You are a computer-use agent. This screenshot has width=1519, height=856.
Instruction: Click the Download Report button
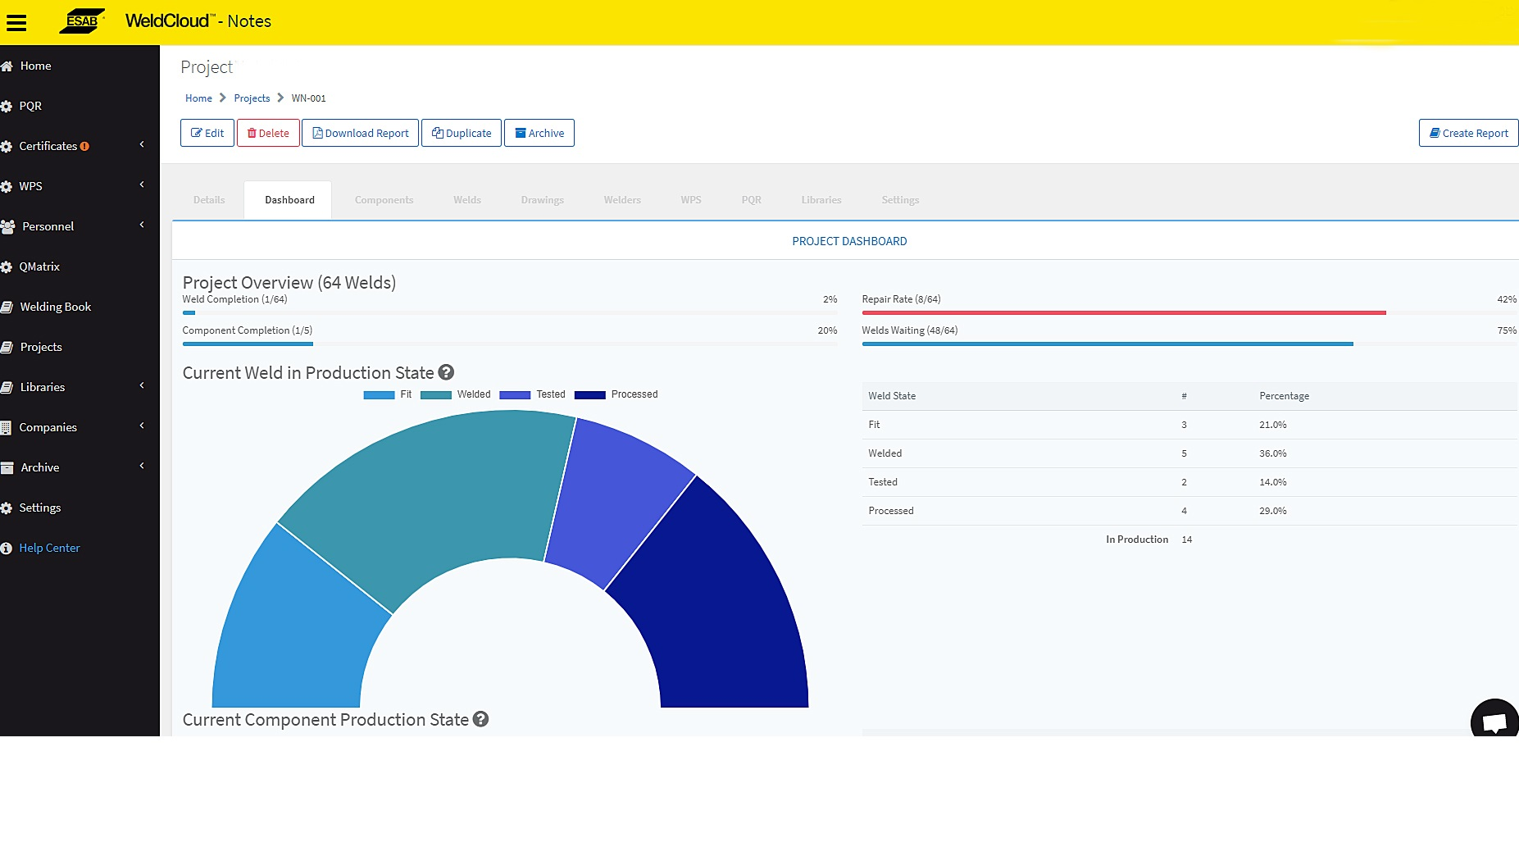(x=360, y=133)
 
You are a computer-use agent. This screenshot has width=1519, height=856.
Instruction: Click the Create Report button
(x=1468, y=133)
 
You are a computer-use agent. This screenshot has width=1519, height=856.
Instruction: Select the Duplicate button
(x=461, y=133)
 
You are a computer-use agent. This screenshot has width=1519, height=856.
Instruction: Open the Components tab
(x=384, y=200)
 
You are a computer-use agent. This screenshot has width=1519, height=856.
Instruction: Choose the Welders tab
(x=622, y=200)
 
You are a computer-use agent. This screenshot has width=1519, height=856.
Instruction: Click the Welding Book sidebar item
(x=55, y=307)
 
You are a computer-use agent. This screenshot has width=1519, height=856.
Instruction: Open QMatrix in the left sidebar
(x=39, y=266)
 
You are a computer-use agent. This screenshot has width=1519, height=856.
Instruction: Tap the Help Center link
(x=49, y=548)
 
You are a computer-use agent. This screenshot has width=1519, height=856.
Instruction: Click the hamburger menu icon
(x=16, y=22)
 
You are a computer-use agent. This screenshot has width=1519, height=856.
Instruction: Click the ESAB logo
(x=82, y=21)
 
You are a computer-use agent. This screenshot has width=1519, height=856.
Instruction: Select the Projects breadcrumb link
(x=252, y=98)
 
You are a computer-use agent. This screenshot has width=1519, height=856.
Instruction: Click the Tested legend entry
(x=533, y=394)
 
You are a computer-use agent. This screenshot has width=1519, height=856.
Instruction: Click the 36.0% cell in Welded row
(x=1272, y=453)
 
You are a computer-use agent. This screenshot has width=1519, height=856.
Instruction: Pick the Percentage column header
(x=1284, y=396)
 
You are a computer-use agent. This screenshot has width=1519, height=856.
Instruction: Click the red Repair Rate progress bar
(x=1123, y=312)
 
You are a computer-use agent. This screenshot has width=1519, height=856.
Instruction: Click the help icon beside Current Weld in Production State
(x=446, y=372)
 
